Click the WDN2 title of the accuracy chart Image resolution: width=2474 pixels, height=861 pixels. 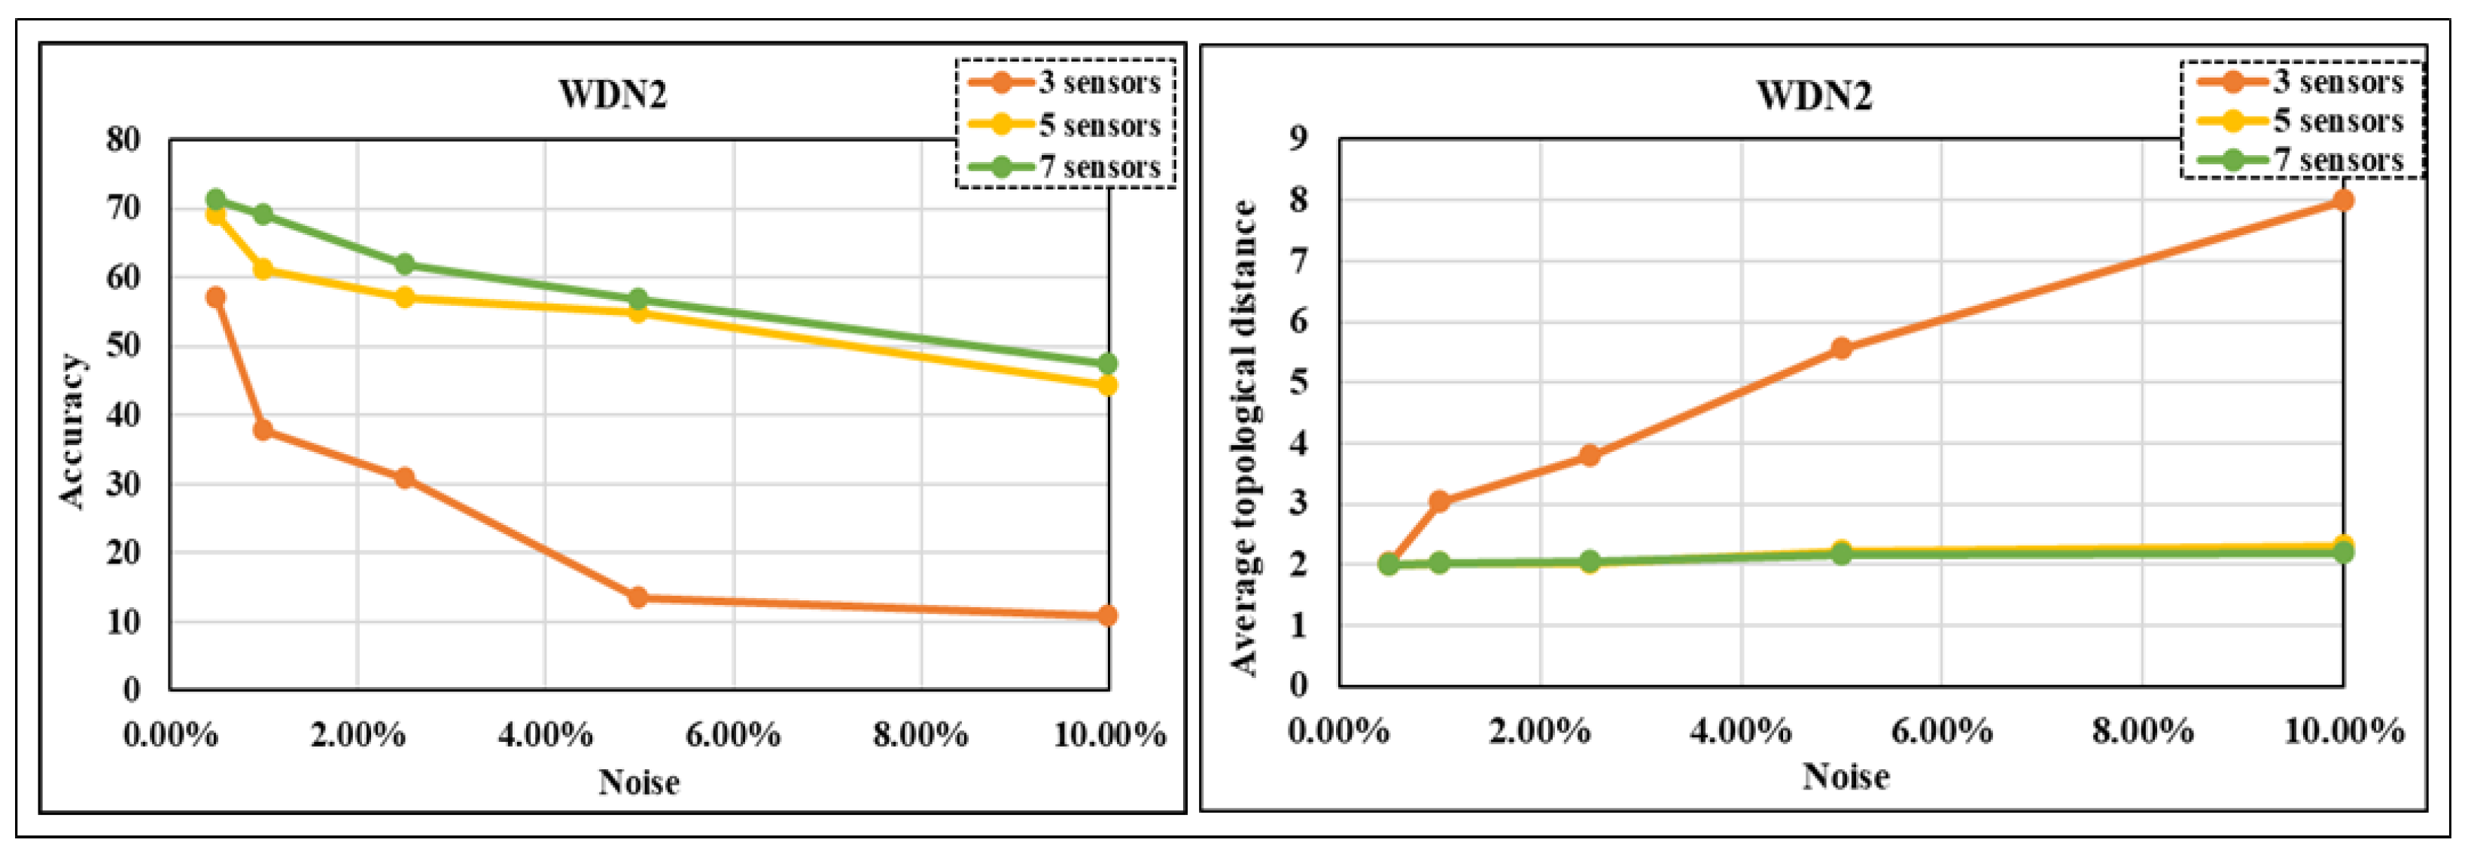(x=613, y=95)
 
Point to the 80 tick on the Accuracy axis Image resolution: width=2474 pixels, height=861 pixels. (x=123, y=139)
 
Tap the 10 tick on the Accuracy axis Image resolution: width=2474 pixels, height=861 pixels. (x=123, y=621)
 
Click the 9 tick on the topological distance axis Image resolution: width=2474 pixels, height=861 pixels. (x=1299, y=139)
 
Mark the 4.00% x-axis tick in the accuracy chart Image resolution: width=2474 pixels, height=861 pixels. (x=544, y=736)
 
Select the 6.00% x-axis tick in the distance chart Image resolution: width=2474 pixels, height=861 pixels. (x=1941, y=731)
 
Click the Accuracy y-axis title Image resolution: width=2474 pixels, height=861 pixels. (x=72, y=429)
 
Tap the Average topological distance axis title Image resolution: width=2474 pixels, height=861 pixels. (x=1243, y=437)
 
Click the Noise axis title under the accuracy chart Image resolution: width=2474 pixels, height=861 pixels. (x=639, y=782)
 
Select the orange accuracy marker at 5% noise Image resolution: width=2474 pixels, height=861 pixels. (x=638, y=597)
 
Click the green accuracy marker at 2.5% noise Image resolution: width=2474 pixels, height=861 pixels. (x=404, y=264)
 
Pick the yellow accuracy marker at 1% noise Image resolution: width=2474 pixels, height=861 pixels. (x=262, y=269)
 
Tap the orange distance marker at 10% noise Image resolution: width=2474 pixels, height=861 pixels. (x=2343, y=200)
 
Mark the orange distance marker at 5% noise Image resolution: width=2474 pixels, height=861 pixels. (x=1841, y=348)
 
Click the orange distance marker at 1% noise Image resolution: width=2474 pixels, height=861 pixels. (x=1438, y=502)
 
